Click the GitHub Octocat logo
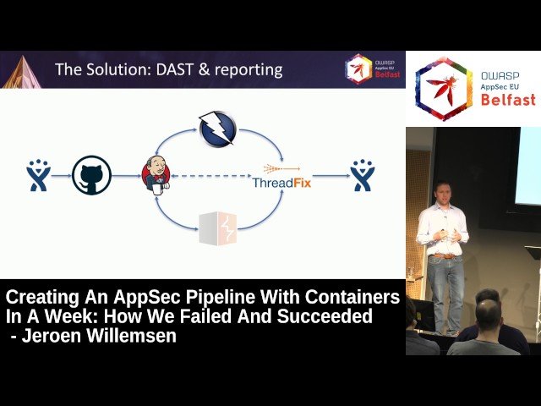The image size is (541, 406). (92, 175)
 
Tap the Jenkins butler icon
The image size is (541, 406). (156, 175)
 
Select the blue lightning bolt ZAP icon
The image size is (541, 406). (217, 129)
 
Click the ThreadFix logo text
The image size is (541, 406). (281, 183)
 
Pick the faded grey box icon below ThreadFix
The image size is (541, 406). (218, 228)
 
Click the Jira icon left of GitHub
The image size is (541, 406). (38, 175)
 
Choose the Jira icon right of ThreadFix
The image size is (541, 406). (363, 175)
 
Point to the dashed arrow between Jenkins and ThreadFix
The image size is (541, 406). (211, 176)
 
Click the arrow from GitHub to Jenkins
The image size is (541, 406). (127, 176)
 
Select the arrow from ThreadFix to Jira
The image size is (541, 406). (331, 176)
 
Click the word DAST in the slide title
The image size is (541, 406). (174, 69)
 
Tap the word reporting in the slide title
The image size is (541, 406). (249, 70)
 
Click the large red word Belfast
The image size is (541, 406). (508, 100)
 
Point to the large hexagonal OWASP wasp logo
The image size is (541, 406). (443, 89)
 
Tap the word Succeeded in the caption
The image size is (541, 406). (325, 316)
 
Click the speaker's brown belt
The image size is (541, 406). (443, 256)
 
